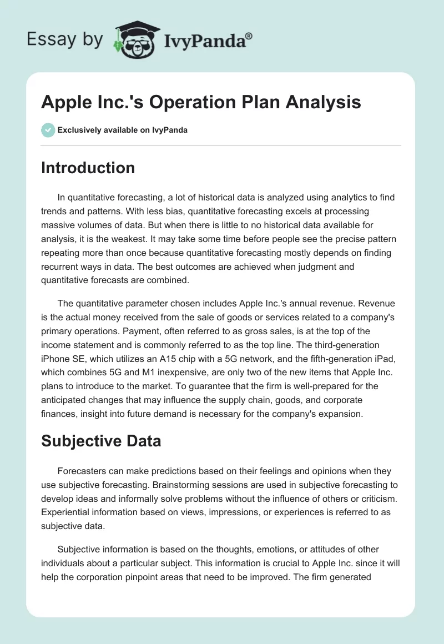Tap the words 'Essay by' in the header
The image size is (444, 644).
[64, 39]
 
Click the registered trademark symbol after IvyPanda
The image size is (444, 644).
[249, 36]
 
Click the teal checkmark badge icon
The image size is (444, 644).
[48, 130]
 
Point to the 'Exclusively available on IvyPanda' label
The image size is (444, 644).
[123, 130]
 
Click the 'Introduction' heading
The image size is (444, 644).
[88, 168]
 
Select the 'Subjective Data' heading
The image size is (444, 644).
[101, 441]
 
